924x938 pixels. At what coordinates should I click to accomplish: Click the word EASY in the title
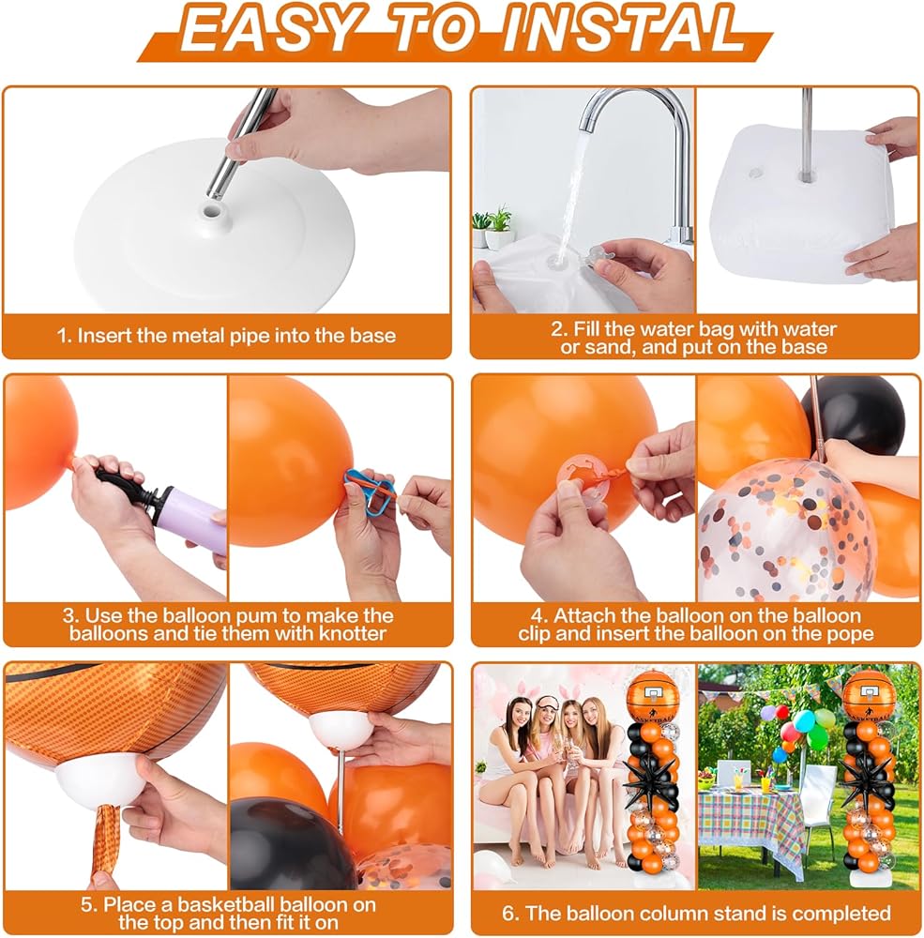(x=265, y=28)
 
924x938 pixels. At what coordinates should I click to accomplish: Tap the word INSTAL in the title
(x=622, y=28)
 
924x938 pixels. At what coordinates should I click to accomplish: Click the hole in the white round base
(x=212, y=212)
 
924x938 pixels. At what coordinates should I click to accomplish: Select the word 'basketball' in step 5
(x=225, y=904)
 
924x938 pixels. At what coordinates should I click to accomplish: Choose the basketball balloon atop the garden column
(x=869, y=695)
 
